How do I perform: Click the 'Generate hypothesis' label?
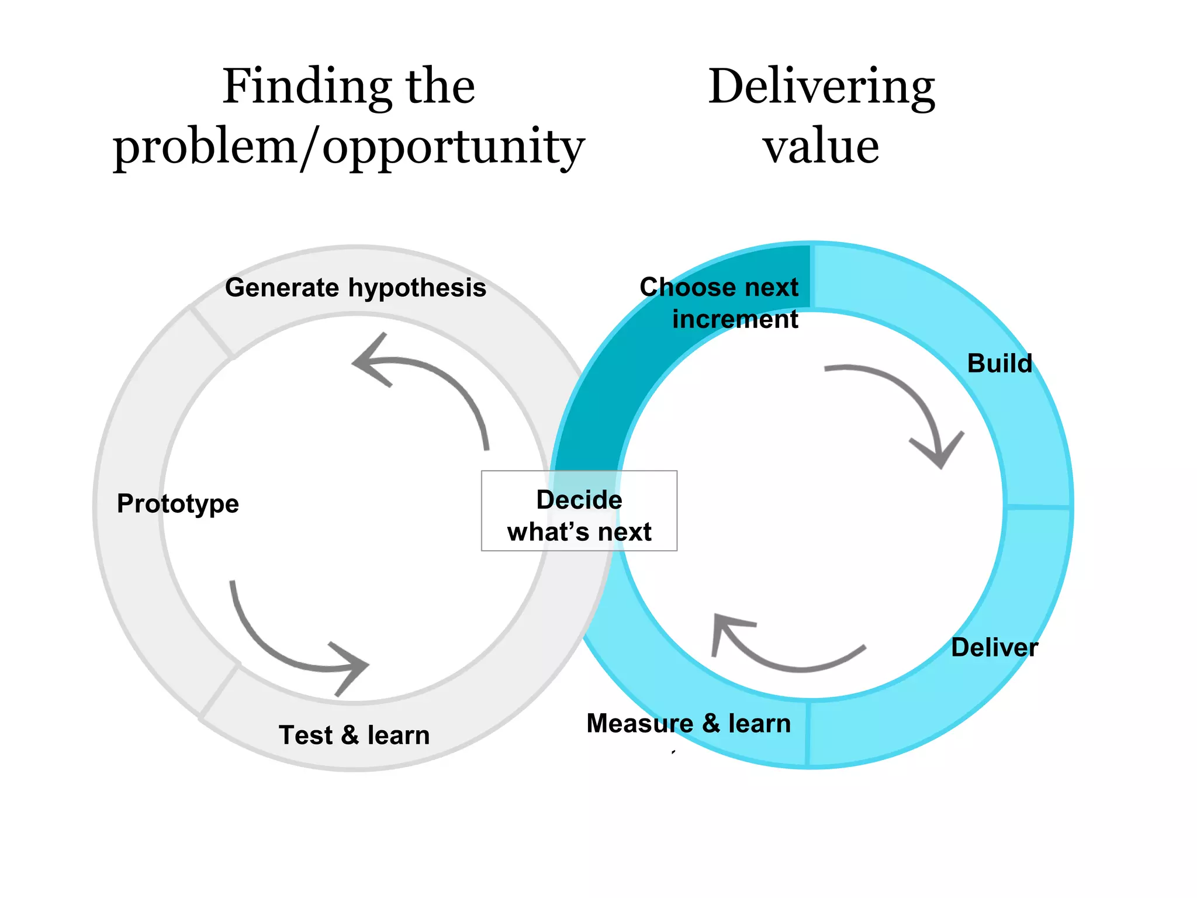pyautogui.click(x=355, y=288)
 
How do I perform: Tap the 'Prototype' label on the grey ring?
pyautogui.click(x=178, y=503)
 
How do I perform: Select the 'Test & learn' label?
pyautogui.click(x=354, y=735)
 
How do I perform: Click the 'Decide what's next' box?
pyautogui.click(x=579, y=511)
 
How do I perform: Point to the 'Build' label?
pyautogui.click(x=999, y=363)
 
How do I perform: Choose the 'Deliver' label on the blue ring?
pyautogui.click(x=994, y=647)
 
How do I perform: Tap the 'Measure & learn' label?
pyautogui.click(x=689, y=723)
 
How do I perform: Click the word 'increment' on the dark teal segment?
pyautogui.click(x=735, y=319)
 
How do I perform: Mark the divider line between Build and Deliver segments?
pyautogui.click(x=1038, y=506)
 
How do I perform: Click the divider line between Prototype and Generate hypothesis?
pyautogui.click(x=212, y=333)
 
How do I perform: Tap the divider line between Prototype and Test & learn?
pyautogui.click(x=220, y=690)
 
